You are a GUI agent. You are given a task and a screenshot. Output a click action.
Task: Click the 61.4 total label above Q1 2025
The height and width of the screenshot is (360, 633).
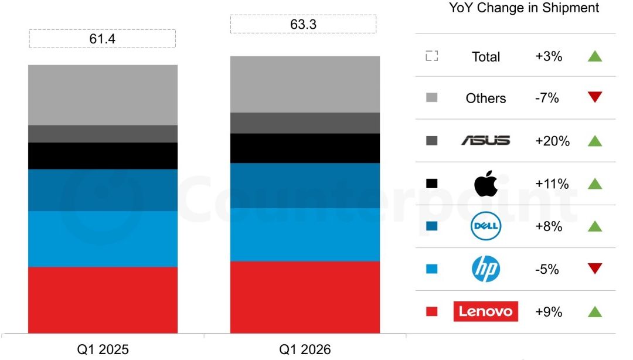pos(103,39)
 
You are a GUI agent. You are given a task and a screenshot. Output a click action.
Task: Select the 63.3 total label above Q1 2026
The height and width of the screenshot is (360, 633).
pos(304,25)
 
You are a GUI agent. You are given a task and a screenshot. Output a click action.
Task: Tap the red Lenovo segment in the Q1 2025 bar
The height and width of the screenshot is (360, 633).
pos(103,300)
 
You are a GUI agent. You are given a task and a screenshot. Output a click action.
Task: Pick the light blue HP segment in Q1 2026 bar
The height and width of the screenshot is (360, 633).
pos(304,235)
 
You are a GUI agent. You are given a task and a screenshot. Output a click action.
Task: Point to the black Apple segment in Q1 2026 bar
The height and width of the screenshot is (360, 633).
pos(304,148)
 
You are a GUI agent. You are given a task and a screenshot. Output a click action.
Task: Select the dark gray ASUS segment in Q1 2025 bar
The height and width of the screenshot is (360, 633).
pos(103,134)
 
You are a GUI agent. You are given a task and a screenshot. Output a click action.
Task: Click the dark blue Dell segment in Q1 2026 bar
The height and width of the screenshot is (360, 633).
pos(304,185)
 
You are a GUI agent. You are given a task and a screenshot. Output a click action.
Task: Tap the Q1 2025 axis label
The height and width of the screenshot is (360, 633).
pos(103,350)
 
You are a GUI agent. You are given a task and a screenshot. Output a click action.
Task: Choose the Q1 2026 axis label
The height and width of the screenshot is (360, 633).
pos(304,350)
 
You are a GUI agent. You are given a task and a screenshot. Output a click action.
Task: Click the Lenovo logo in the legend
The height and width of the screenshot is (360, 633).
pos(486,311)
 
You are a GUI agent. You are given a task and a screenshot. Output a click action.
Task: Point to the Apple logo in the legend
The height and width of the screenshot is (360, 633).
pos(486,184)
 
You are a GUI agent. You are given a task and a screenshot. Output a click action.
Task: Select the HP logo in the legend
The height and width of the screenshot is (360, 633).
pos(486,269)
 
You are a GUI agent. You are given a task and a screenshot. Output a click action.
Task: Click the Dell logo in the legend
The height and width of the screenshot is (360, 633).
pos(486,226)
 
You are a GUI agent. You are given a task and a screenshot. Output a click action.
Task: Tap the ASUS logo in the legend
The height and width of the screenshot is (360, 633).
pos(486,141)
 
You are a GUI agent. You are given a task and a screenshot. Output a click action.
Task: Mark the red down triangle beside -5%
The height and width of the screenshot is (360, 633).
pos(595,269)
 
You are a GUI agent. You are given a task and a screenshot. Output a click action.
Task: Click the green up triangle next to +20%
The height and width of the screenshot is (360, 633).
pos(595,141)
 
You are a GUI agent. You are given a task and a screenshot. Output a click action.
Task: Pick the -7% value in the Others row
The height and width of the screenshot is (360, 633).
pos(547,98)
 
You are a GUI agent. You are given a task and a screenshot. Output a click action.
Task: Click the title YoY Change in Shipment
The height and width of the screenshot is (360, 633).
pos(524,8)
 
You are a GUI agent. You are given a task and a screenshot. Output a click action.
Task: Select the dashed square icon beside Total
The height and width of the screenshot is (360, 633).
pos(432,56)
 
